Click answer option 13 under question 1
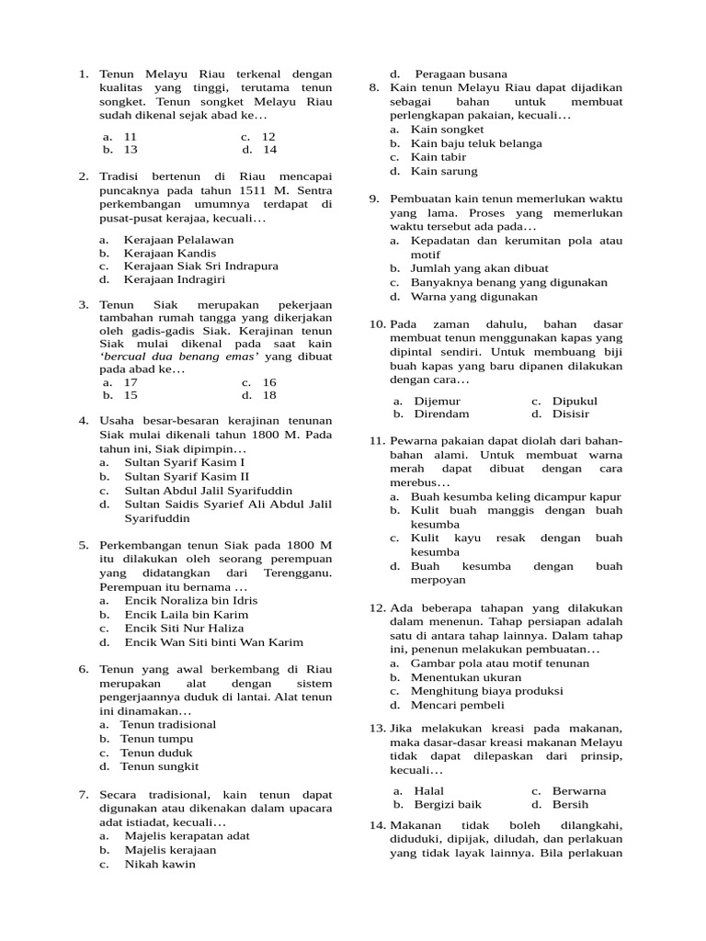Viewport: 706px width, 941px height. pos(131,149)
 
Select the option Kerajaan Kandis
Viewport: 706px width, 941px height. pos(170,253)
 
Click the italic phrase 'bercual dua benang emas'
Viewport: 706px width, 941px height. pos(179,355)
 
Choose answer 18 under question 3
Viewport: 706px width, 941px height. pos(269,395)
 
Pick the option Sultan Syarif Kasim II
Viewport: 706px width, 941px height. pos(187,477)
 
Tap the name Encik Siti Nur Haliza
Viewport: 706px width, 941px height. pos(190,629)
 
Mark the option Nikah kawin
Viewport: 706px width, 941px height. pos(159,864)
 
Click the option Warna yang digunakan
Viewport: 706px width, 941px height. pos(473,297)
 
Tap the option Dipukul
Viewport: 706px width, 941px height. pos(575,401)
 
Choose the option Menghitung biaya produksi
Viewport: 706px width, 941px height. pos(486,691)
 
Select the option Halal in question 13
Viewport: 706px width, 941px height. pos(429,790)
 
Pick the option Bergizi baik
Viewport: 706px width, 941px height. pos(448,804)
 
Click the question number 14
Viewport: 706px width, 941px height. pos(377,825)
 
